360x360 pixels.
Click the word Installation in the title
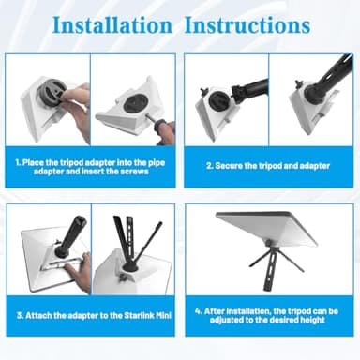(112, 25)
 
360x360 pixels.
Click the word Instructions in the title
(247, 25)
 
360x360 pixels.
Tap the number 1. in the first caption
(18, 163)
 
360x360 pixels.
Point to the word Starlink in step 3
(139, 315)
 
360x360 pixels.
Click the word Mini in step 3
(163, 315)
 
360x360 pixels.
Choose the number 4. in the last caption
(199, 311)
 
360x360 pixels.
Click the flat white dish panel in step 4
(266, 228)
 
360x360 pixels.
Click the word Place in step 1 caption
(33, 163)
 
